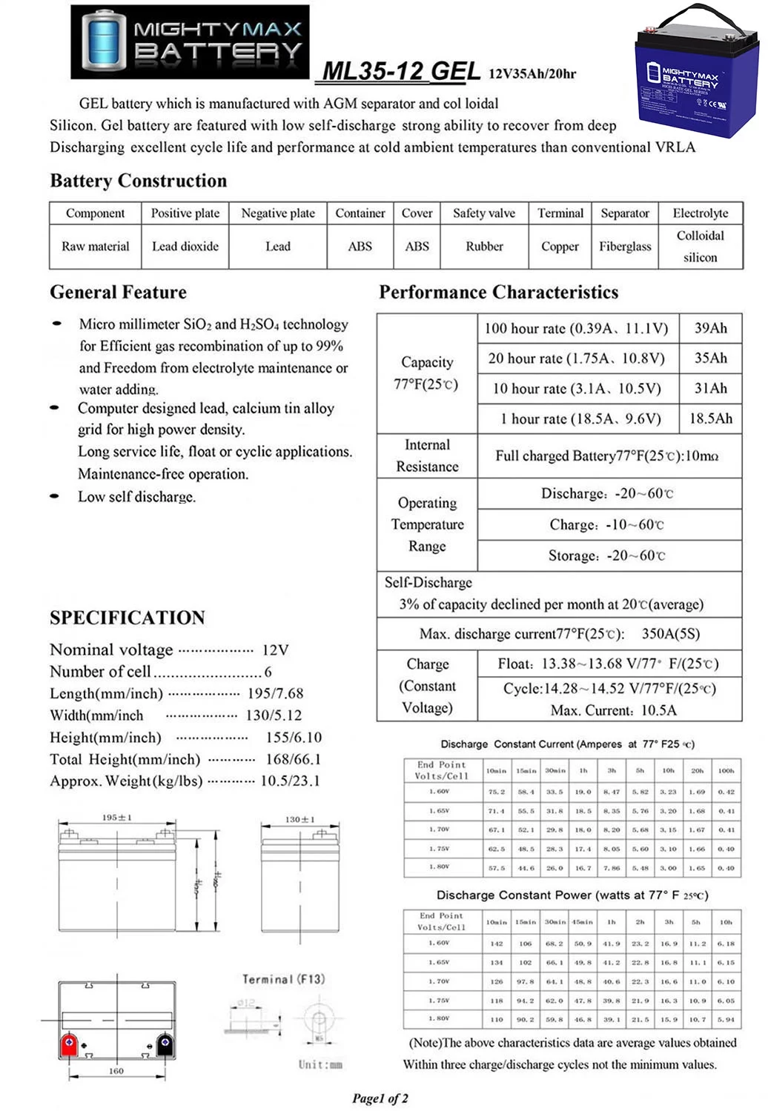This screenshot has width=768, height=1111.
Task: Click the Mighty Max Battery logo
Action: [x=190, y=41]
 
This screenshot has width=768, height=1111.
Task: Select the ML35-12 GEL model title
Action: [x=401, y=71]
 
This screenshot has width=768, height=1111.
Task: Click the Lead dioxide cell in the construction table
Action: [x=185, y=247]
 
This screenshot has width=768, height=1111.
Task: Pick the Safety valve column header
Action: [x=484, y=213]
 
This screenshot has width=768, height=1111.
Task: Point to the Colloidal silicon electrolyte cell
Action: [x=700, y=247]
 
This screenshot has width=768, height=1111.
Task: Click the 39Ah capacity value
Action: [x=710, y=328]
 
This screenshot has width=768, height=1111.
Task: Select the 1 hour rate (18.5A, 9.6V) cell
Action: [x=580, y=418]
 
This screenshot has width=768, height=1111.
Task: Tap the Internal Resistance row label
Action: [x=427, y=456]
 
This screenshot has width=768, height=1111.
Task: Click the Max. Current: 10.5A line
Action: [x=613, y=710]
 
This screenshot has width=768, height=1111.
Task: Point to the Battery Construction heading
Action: [x=139, y=181]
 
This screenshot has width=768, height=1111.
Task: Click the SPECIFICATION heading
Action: [x=128, y=618]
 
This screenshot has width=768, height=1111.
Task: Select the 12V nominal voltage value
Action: [x=275, y=650]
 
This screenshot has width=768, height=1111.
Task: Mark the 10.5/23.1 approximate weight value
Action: [x=290, y=781]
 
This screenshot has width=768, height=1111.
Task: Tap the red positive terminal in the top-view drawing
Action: [x=69, y=1044]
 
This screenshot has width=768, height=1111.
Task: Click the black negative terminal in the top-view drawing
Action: [x=165, y=1044]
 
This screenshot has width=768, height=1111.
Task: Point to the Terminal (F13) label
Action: [x=283, y=979]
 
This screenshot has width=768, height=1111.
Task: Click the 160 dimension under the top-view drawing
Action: [x=116, y=1071]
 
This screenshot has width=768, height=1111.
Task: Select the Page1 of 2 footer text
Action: [x=380, y=1098]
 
